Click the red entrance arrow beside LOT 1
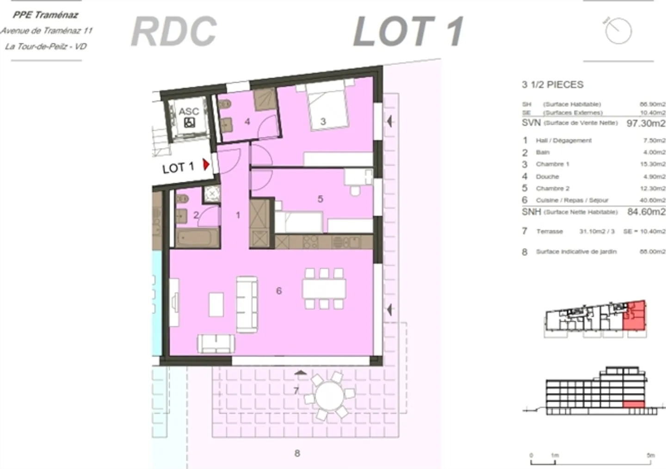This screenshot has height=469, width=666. tap(206, 164)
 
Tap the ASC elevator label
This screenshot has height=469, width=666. tap(189, 111)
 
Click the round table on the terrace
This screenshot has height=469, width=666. tap(329, 397)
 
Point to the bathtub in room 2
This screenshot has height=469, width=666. tap(197, 238)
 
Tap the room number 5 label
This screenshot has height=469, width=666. tap(320, 199)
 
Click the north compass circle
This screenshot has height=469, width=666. tap(618, 31)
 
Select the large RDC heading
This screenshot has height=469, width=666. tap(174, 31)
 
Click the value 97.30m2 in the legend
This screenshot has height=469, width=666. tap(646, 123)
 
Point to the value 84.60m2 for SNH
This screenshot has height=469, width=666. tap(646, 212)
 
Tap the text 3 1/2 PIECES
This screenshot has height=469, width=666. tap(552, 85)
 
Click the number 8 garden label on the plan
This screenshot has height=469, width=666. tap(297, 453)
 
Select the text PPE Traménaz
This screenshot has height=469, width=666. tap(45, 15)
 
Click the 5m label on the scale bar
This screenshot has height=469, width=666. tap(651, 455)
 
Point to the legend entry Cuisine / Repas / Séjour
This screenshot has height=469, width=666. tap(572, 200)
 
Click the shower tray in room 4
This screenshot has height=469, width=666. tap(265, 99)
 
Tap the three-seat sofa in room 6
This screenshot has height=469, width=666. tap(247, 304)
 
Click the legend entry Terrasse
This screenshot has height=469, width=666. tap(549, 231)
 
